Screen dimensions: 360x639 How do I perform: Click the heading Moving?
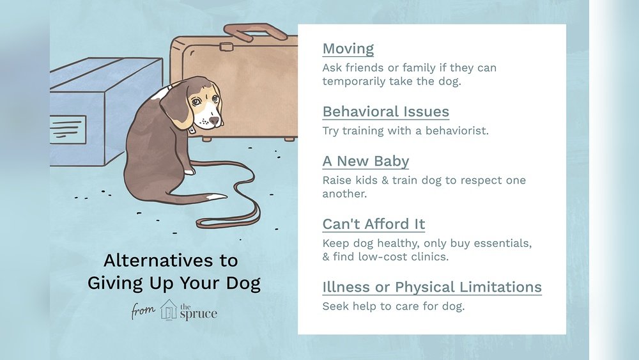click(348, 49)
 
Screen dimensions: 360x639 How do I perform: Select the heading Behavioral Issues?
click(385, 111)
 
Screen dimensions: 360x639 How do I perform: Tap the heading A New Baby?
click(366, 161)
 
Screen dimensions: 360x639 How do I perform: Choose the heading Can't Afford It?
click(373, 224)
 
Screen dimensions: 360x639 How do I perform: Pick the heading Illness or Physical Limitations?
click(432, 286)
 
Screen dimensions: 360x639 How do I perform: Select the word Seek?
click(335, 306)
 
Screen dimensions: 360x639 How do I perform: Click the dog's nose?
click(215, 120)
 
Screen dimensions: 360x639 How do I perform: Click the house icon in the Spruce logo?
click(169, 309)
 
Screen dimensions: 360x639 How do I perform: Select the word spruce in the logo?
click(198, 314)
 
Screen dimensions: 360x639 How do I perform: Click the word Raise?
click(337, 180)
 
